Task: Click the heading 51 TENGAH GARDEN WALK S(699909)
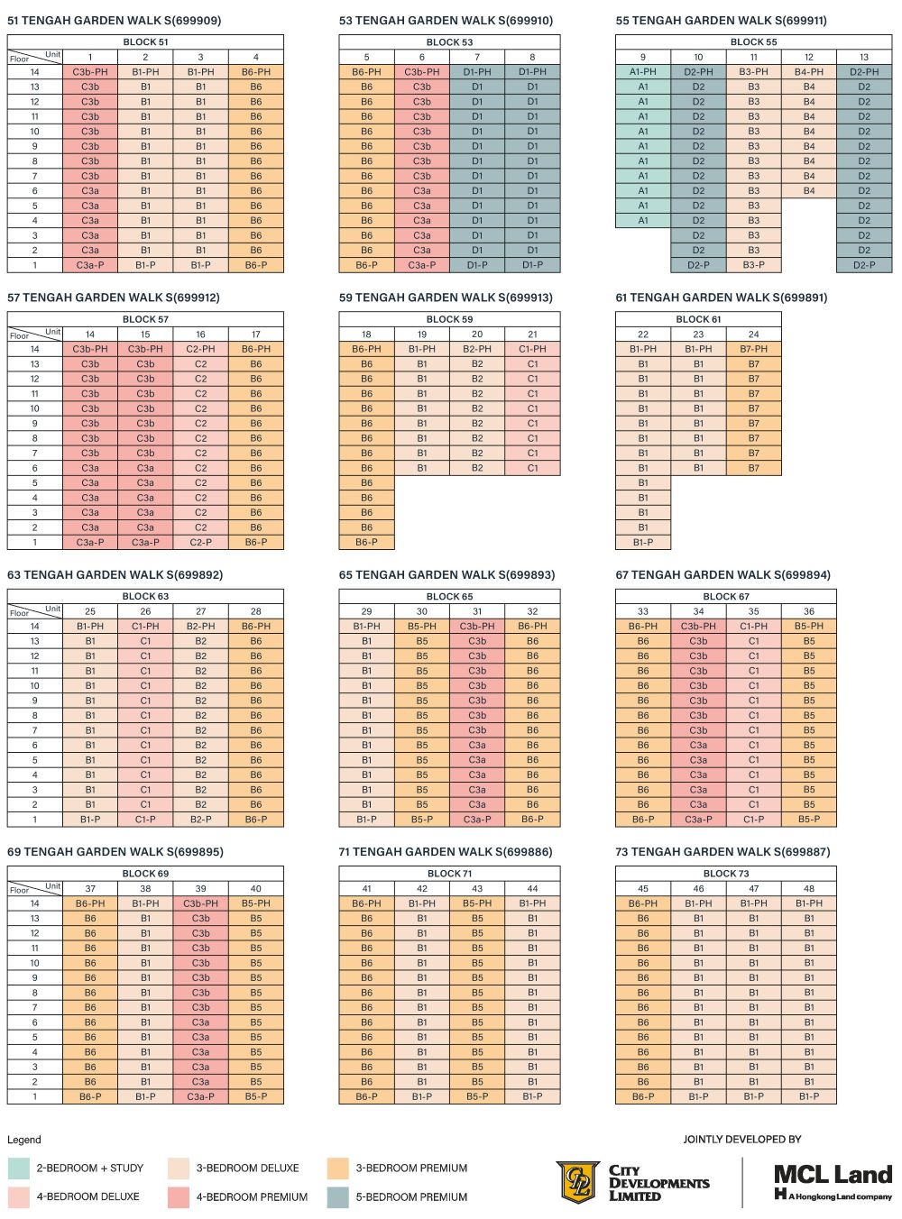coord(114,21)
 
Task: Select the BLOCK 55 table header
coord(753,42)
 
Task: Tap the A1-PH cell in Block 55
coord(643,72)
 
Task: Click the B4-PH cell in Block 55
coord(809,72)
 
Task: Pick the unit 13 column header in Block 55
coord(864,57)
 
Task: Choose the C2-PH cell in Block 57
coord(200,349)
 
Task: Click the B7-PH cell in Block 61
coord(753,349)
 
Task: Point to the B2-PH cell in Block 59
coord(477,349)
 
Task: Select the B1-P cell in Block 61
coord(643,543)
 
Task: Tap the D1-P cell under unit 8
coord(532,265)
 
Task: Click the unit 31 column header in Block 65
coord(477,611)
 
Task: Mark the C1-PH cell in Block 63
coord(145,626)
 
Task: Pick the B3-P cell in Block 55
coord(753,265)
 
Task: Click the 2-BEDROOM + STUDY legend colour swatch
coord(19,1169)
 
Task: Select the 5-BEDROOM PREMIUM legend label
coord(411,1197)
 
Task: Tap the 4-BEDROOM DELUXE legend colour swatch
coord(19,1197)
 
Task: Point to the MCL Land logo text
coord(833,1175)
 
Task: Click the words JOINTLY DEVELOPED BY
coord(741,1140)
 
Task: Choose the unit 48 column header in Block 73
coord(809,888)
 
